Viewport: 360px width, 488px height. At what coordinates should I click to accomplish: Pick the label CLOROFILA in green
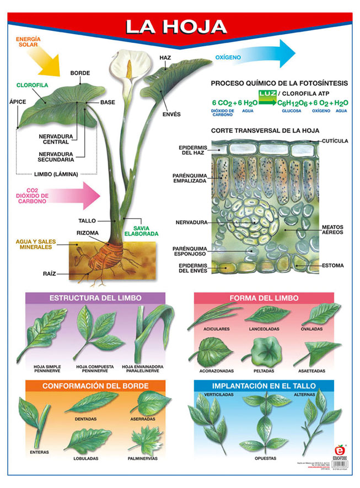click(33, 85)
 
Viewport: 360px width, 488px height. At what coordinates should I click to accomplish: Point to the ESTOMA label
click(332, 265)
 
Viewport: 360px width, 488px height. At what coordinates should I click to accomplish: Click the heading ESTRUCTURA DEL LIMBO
click(95, 298)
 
